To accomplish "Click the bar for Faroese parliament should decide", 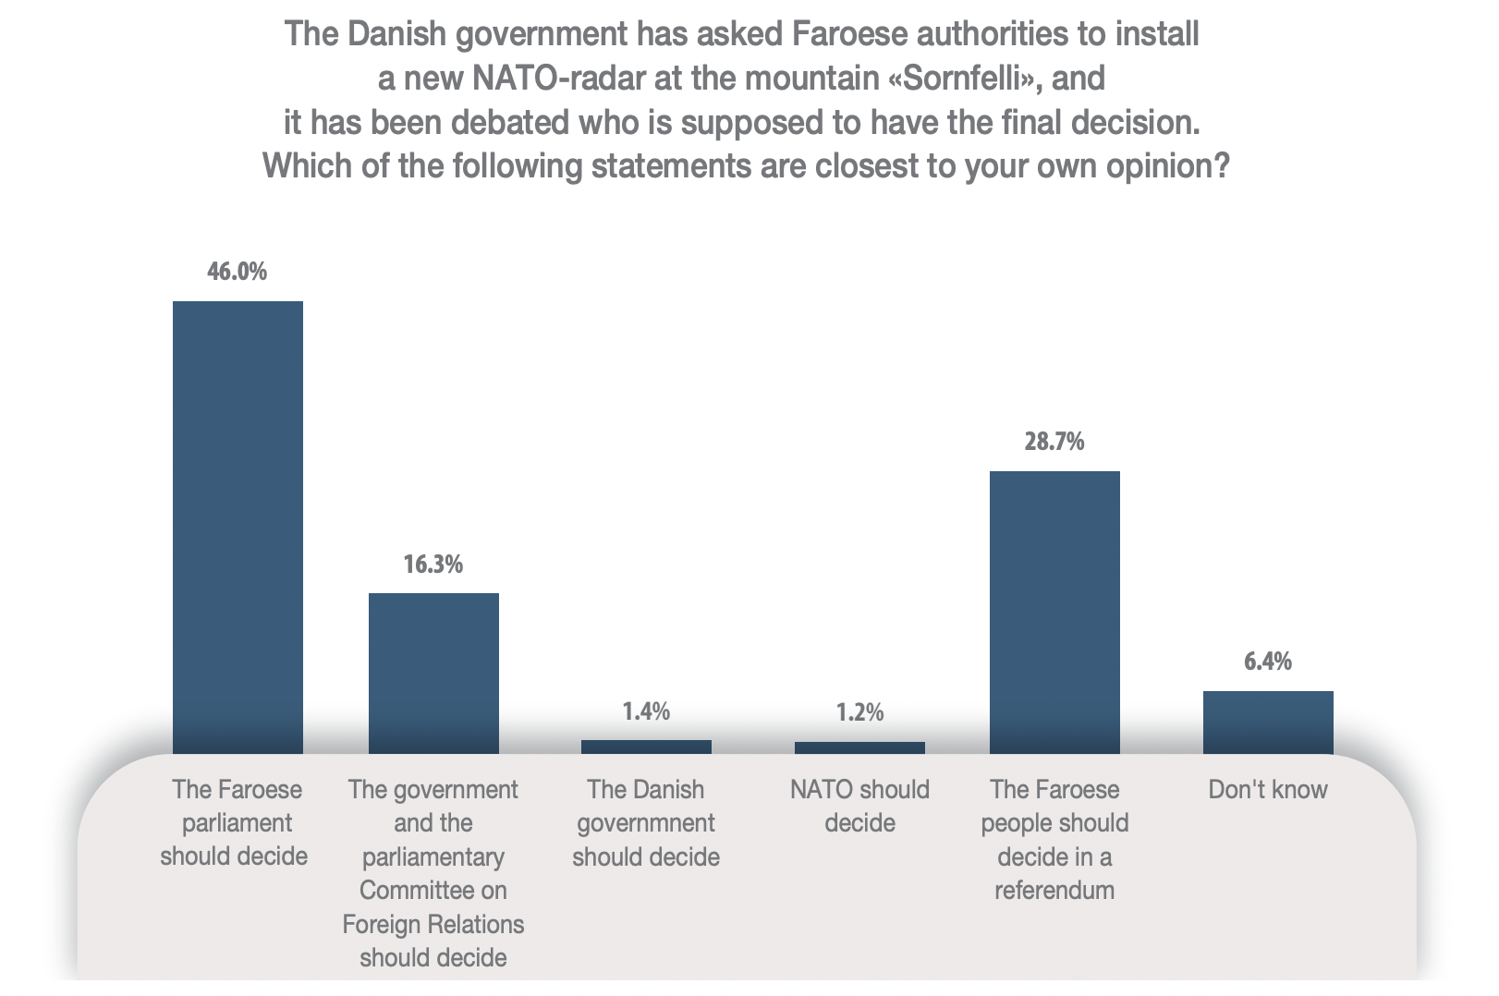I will pyautogui.click(x=238, y=527).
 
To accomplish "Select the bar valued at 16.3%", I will pyautogui.click(x=433, y=673).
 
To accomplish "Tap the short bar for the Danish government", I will pyautogui.click(x=646, y=747).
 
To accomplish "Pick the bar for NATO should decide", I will pyautogui.click(x=859, y=747).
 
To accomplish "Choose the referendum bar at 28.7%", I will pyautogui.click(x=1054, y=612).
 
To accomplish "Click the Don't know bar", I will pyautogui.click(x=1268, y=722).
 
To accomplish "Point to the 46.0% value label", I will pyautogui.click(x=238, y=272).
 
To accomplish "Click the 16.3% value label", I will pyautogui.click(x=433, y=564).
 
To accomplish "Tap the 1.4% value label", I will pyautogui.click(x=646, y=711).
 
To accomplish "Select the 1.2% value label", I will pyautogui.click(x=859, y=712).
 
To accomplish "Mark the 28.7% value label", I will pyautogui.click(x=1054, y=442).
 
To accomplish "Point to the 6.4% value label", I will pyautogui.click(x=1268, y=662).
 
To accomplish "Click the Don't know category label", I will pyautogui.click(x=1268, y=790).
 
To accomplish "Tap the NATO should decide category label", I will pyautogui.click(x=859, y=806).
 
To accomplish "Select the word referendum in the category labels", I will pyautogui.click(x=1054, y=891).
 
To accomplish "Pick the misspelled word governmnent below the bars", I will pyautogui.click(x=646, y=823).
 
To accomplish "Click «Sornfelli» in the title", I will pyautogui.click(x=964, y=79).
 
